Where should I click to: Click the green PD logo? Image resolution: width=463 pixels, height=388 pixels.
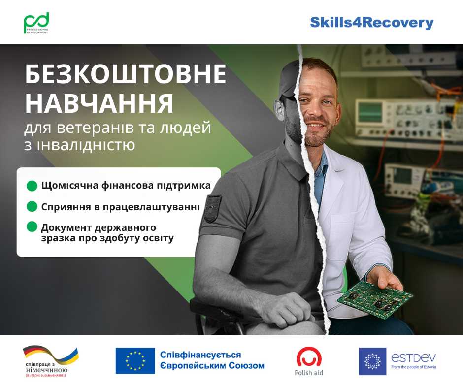[x=36, y=23]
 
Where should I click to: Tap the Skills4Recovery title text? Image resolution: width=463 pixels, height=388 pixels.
[x=371, y=23]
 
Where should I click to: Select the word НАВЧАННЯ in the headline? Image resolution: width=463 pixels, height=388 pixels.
[x=99, y=104]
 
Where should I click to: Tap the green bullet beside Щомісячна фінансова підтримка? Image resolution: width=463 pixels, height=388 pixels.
[x=32, y=186]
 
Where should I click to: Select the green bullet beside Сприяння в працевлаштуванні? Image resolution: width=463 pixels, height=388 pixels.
[x=32, y=206]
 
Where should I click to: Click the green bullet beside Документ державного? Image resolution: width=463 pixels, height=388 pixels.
[x=32, y=227]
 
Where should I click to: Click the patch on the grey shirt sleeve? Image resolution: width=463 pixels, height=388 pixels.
[x=213, y=208]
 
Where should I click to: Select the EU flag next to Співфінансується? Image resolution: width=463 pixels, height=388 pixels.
[x=135, y=361]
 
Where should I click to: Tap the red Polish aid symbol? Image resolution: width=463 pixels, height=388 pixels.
[x=309, y=356]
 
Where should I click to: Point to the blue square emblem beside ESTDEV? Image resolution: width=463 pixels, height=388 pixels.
[x=372, y=361]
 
